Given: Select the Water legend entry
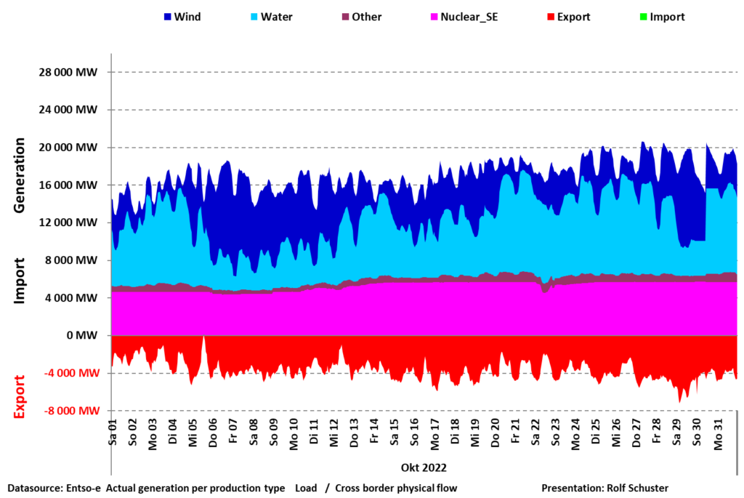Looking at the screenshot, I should tap(271, 17).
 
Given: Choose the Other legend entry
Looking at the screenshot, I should tap(361, 17).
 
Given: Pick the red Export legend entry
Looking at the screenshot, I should tap(568, 17).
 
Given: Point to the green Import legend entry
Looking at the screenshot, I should tap(662, 17).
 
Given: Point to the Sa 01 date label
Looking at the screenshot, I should tap(113, 433).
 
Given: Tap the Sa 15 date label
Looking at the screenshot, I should tap(395, 433).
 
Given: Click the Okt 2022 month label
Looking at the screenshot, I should tap(423, 467).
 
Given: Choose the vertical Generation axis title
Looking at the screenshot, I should tap(20, 174).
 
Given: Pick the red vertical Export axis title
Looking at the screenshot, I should tap(20, 396).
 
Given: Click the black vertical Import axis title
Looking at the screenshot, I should tap(20, 280).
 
